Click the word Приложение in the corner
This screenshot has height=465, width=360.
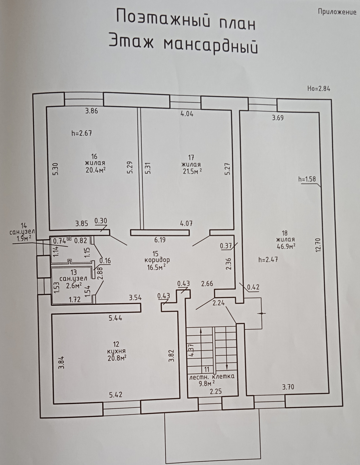[337, 12]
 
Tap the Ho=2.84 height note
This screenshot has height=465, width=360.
[318, 89]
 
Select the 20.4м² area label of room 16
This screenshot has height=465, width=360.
[95, 170]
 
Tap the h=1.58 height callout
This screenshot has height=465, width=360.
[307, 180]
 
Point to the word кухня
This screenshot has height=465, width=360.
[116, 351]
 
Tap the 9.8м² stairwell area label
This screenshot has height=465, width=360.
[206, 384]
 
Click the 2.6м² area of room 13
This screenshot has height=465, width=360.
[74, 286]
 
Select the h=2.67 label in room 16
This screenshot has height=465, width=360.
[82, 133]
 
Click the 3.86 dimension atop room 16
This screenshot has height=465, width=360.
[91, 111]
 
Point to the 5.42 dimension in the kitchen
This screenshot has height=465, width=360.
[116, 395]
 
